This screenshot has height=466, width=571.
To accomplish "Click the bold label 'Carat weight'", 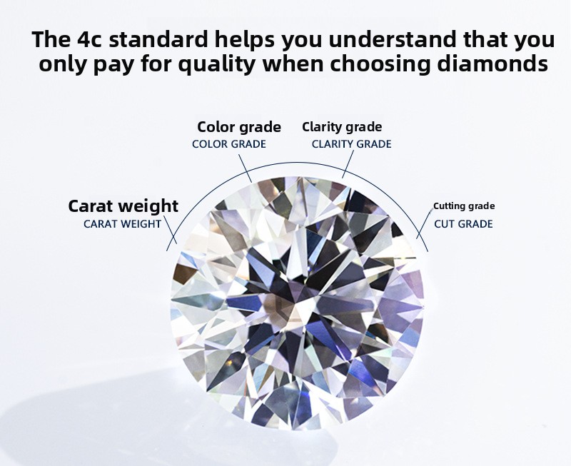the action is tap(123, 206).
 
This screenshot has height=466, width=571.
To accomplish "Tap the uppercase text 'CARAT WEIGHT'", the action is tap(122, 224).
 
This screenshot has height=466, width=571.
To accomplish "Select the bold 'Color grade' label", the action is tap(239, 128).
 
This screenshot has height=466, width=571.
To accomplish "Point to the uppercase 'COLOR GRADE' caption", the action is tap(229, 144).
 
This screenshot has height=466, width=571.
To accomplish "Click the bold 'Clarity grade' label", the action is tap(342, 127).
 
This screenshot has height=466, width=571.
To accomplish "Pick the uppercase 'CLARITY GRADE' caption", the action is tap(351, 144).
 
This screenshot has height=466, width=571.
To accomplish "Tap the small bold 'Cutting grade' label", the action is tap(464, 206).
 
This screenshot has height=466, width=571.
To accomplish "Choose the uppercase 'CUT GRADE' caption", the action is tap(463, 223).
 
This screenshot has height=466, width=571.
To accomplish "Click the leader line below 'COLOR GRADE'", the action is tap(245, 168).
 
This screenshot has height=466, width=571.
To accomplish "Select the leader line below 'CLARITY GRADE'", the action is tap(348, 164).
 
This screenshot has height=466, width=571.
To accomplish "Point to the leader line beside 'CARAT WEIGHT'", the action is tap(171, 230).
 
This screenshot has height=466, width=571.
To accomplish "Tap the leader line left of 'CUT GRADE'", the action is tap(423, 225).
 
